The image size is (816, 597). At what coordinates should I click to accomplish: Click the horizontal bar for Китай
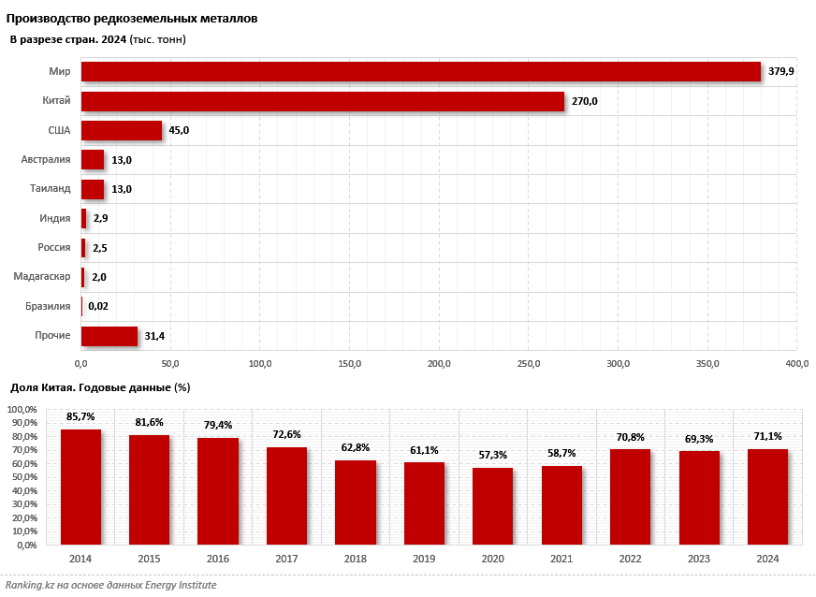[323, 101]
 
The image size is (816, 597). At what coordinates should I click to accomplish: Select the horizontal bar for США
[122, 130]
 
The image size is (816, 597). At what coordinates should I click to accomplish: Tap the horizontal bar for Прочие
[109, 336]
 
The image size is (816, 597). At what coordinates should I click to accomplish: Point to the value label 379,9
[780, 72]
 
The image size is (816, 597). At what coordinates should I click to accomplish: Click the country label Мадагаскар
[42, 277]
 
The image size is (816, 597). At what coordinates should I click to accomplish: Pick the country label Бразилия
[47, 306]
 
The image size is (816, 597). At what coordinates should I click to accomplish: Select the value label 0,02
[98, 306]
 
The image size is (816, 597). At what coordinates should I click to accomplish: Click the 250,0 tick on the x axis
[529, 363]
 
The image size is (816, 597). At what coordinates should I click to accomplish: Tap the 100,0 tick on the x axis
[260, 363]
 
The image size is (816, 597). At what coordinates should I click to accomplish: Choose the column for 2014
[81, 487]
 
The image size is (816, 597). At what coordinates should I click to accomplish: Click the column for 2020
[492, 506]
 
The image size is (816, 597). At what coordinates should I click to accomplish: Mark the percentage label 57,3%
[492, 455]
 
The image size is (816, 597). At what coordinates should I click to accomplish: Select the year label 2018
[355, 559]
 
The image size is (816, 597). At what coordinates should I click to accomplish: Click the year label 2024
[767, 559]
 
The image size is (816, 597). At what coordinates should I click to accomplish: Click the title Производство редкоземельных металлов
[133, 19]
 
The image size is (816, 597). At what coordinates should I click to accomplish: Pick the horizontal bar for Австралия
[93, 160]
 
